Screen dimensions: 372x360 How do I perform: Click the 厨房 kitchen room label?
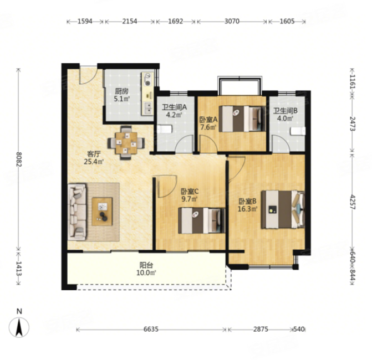(122, 91)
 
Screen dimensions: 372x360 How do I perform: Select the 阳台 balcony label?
(146, 265)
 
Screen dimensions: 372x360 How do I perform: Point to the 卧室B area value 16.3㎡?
(247, 209)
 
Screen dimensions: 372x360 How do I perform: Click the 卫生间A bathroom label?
(175, 107)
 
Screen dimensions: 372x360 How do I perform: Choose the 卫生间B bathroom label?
(286, 111)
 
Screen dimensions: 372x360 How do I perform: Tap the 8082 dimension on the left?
(19, 159)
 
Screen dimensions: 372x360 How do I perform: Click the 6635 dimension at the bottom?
(151, 329)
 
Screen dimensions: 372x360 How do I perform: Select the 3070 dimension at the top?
(232, 22)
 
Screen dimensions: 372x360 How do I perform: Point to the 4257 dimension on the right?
(353, 202)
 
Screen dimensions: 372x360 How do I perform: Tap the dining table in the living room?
(126, 143)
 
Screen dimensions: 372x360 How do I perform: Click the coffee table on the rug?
(102, 212)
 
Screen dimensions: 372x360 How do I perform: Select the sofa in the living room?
(77, 212)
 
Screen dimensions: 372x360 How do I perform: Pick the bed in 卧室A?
(242, 119)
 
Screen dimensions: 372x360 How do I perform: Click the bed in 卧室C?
(201, 220)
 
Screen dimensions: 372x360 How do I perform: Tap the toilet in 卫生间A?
(164, 130)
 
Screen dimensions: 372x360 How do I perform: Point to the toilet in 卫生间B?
(298, 131)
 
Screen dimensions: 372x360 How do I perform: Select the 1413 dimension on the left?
(19, 268)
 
